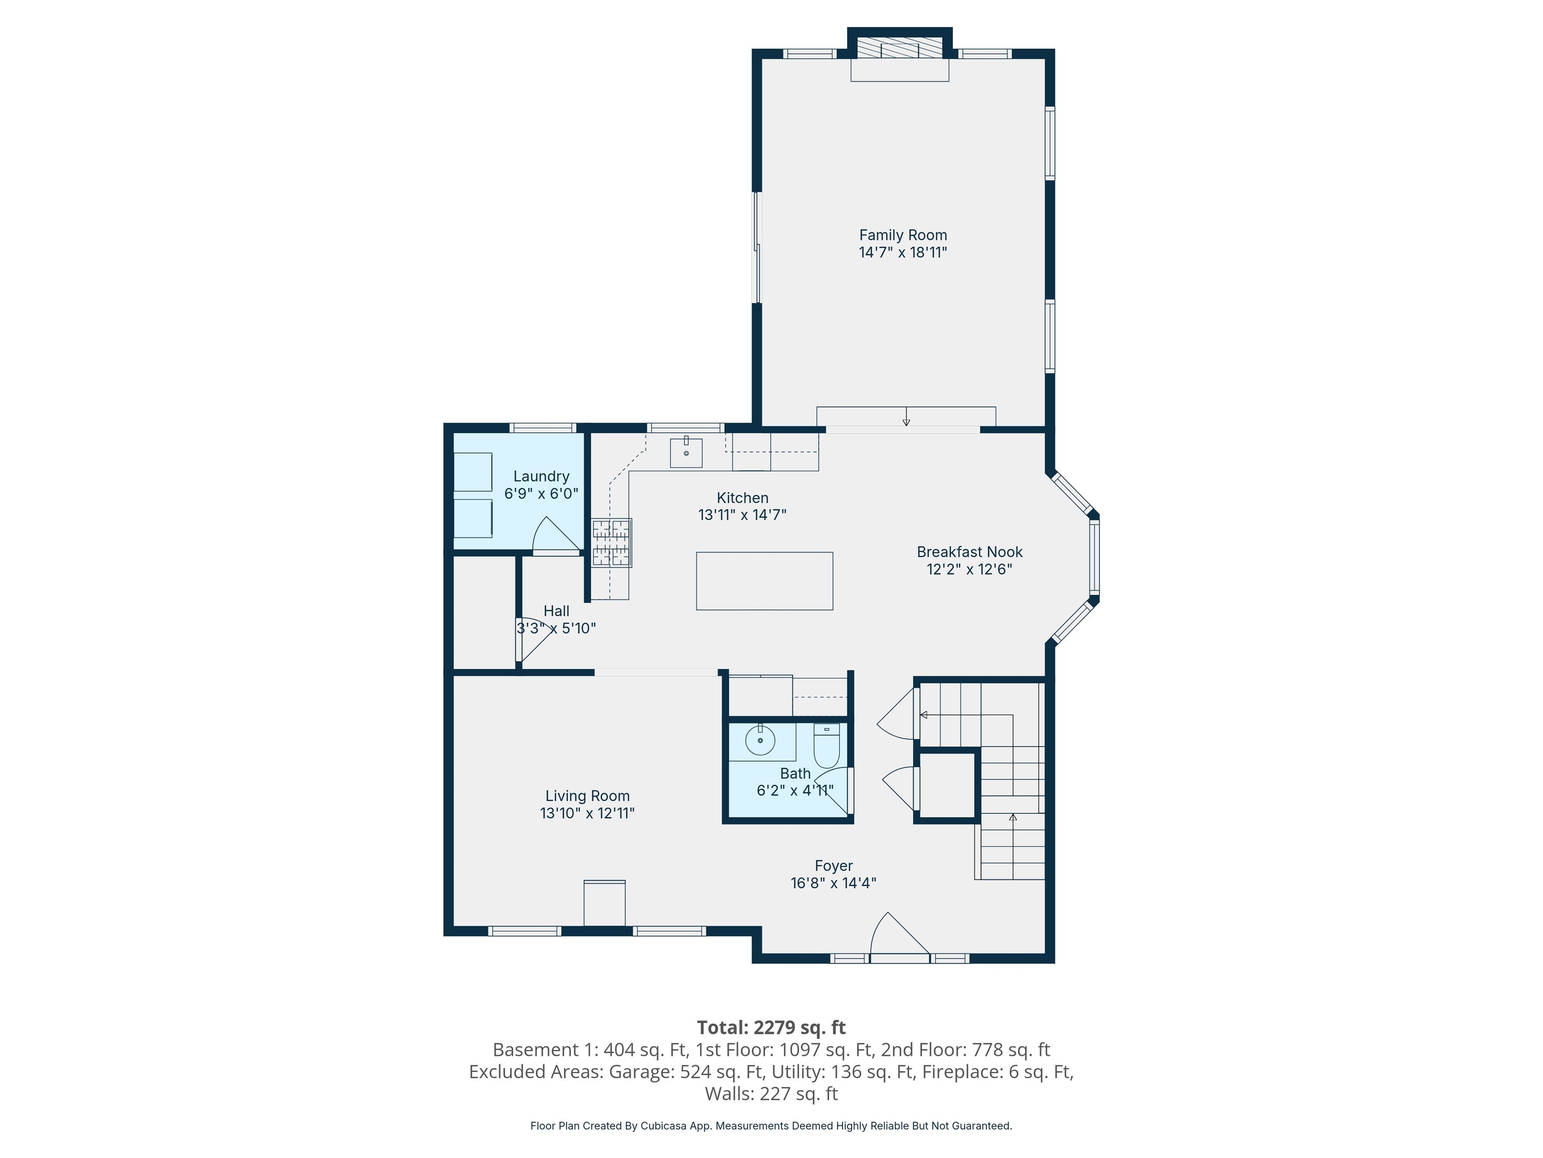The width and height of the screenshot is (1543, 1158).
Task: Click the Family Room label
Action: click(903, 235)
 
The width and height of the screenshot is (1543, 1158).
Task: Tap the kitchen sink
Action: click(686, 452)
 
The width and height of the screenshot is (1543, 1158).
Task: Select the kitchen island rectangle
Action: click(764, 581)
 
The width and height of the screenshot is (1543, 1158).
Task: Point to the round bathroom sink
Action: click(759, 740)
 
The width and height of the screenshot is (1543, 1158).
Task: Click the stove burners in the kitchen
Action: click(612, 542)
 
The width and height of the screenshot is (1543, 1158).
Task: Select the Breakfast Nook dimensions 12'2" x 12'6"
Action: click(969, 569)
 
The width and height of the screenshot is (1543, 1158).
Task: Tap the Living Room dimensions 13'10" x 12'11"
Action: click(587, 813)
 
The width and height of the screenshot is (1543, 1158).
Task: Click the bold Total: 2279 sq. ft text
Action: click(771, 1027)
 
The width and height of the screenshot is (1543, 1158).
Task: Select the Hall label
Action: click(556, 611)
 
